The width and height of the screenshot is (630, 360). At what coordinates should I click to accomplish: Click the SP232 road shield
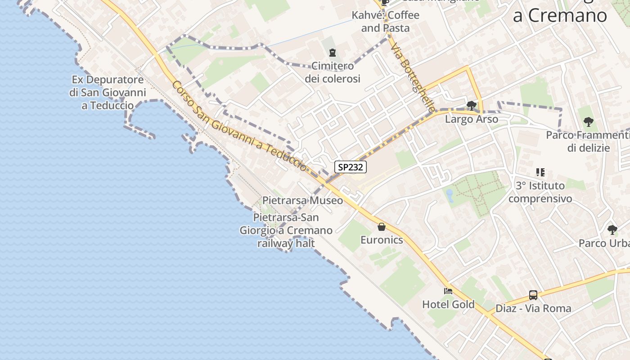[x=351, y=167]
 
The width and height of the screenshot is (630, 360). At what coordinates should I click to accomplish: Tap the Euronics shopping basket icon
[x=382, y=227]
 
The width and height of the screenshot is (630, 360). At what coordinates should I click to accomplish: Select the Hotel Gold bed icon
[x=448, y=291]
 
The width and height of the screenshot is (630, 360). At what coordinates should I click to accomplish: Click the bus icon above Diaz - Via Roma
[x=533, y=295]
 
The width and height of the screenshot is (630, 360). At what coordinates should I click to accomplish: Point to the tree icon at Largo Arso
[x=471, y=106]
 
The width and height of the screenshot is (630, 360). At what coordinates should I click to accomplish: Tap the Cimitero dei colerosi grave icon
[x=333, y=53]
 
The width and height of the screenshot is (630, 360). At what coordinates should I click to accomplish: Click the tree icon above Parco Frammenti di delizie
[x=588, y=121]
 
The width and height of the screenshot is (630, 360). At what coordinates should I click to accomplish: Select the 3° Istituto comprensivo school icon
[x=540, y=172]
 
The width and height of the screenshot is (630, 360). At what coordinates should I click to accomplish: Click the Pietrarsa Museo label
[x=302, y=200]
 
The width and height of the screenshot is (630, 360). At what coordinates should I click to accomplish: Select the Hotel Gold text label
[x=448, y=305]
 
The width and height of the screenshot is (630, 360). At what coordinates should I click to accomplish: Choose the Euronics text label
[x=382, y=240]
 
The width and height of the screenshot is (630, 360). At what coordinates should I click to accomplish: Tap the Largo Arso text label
[x=471, y=119]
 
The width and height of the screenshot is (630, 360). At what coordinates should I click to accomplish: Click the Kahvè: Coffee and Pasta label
[x=385, y=22]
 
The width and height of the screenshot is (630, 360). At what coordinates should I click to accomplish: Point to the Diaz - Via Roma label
[x=533, y=309]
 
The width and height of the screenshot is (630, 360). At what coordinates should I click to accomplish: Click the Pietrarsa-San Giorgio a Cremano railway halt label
[x=286, y=230]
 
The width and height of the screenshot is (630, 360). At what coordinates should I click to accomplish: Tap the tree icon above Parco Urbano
[x=612, y=230]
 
